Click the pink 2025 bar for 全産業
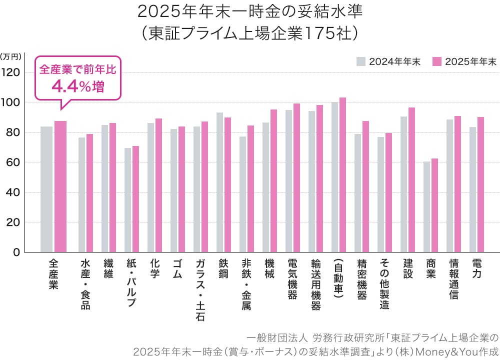[60, 186]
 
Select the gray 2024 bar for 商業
[426, 206]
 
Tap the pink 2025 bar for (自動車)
[342, 174]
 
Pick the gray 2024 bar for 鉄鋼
[219, 182]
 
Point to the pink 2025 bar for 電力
[480, 184]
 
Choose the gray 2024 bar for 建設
[403, 184]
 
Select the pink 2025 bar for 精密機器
[365, 186]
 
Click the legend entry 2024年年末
[388, 61]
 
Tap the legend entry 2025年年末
[464, 61]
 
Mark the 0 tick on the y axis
[16, 252]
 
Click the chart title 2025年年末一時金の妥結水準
[249, 11]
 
